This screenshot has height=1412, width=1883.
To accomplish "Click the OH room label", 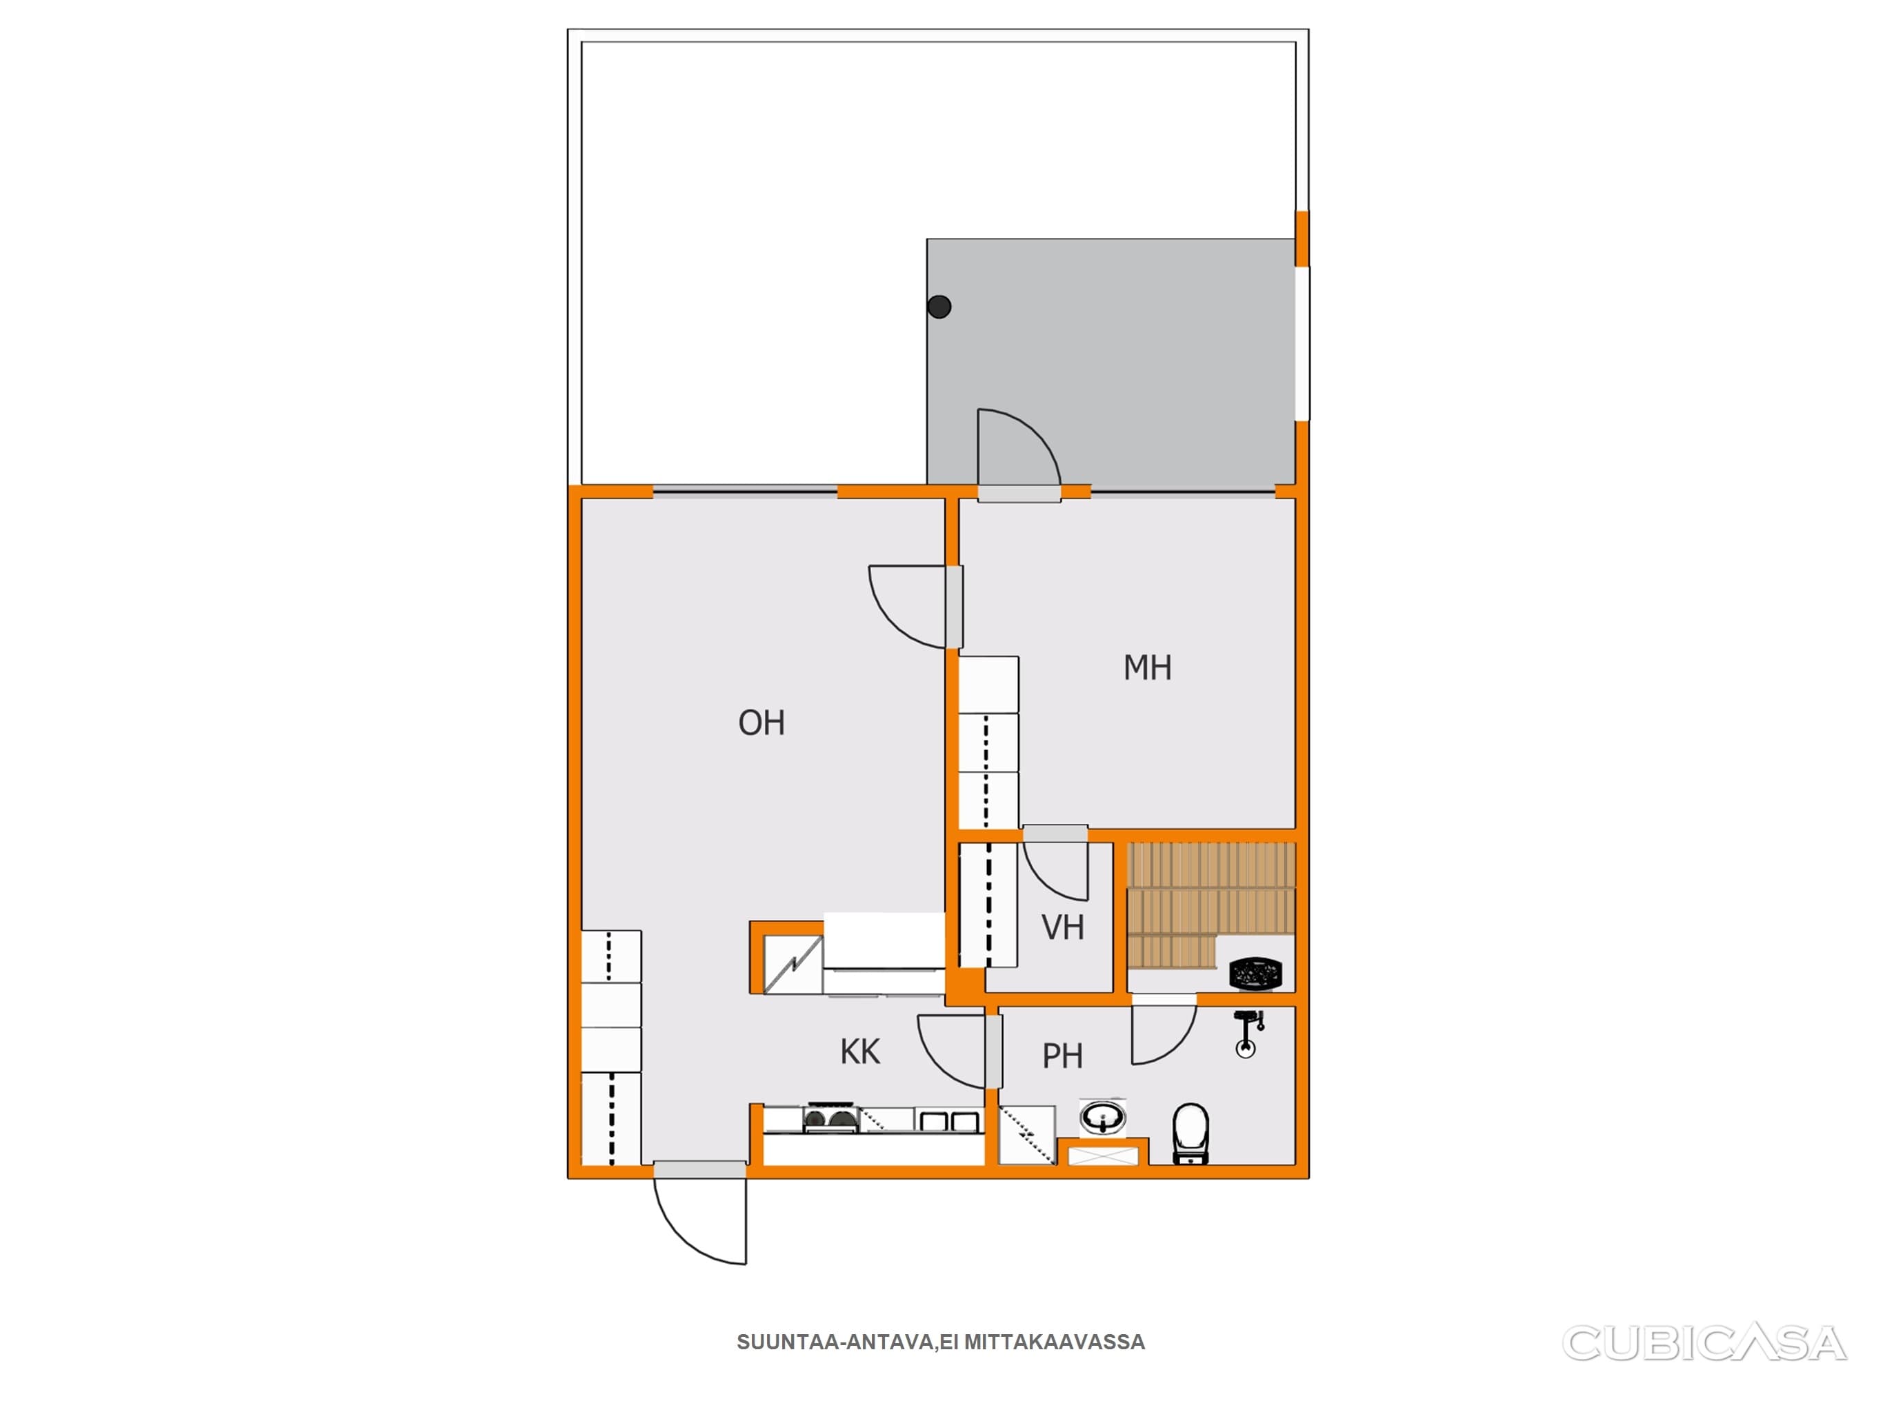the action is click(761, 723).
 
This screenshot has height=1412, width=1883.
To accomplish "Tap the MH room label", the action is click(1148, 667).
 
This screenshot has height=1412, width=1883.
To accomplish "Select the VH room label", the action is click(1063, 928).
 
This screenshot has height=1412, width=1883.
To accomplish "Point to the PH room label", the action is click(1062, 1056).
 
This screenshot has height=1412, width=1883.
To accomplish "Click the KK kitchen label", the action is click(860, 1052).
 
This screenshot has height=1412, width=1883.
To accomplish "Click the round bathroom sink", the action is click(1103, 1117).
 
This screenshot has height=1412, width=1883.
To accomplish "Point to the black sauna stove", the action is click(1255, 974).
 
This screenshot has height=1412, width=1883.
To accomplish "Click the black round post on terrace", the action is click(939, 306).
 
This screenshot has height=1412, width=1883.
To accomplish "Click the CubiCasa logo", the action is click(1704, 1342).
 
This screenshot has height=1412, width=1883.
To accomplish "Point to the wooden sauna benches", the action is click(1210, 904).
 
